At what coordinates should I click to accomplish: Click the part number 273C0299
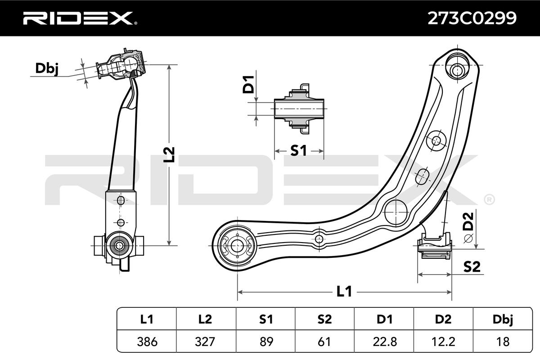(x=472, y=18)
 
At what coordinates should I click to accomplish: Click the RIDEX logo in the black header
(x=80, y=18)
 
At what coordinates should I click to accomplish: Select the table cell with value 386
(x=147, y=342)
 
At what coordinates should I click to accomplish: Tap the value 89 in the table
(x=265, y=342)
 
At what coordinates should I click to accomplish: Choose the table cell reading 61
(x=325, y=342)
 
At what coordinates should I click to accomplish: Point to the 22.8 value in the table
(x=384, y=342)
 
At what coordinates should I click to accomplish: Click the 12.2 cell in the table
(x=444, y=342)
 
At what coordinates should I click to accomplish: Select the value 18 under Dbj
(x=503, y=342)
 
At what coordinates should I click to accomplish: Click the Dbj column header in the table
(x=503, y=319)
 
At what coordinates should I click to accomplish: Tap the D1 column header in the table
(x=384, y=319)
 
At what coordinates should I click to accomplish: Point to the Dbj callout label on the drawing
(x=46, y=69)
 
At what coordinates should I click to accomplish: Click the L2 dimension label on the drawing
(x=169, y=154)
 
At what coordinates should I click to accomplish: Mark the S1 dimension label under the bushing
(x=298, y=151)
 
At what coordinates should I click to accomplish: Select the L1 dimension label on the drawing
(x=344, y=291)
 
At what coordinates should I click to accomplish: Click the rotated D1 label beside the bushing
(x=248, y=85)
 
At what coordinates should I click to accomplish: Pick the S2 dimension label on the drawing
(x=472, y=267)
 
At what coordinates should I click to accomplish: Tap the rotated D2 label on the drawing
(x=468, y=221)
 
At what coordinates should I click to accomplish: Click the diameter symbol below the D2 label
(x=468, y=238)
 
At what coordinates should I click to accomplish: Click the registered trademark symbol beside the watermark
(x=489, y=200)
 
